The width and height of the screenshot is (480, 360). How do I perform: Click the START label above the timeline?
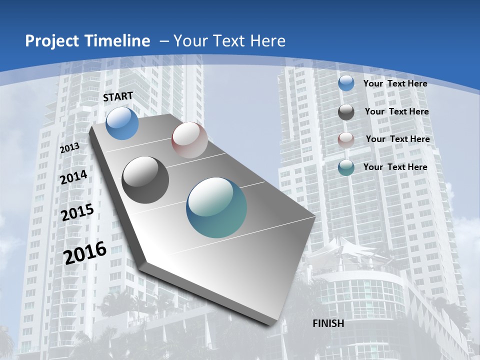point(118,96)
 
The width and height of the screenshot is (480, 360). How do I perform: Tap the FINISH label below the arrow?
point(328,323)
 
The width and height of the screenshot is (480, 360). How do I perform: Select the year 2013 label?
point(69,148)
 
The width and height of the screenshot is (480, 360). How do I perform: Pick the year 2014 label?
point(73,177)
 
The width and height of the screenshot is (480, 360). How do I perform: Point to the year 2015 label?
point(77,212)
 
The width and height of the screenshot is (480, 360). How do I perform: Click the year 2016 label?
point(85,252)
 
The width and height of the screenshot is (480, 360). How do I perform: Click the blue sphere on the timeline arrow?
point(122,123)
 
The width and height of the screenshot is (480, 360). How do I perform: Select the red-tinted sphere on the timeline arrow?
point(189,140)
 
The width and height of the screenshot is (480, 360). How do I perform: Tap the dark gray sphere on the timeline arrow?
point(145,179)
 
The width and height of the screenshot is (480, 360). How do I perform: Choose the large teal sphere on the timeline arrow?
point(216,207)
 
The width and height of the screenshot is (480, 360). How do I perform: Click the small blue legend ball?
point(346,83)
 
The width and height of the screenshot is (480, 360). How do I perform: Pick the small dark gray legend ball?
point(346,112)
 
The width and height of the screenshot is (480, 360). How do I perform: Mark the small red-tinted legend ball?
point(346,140)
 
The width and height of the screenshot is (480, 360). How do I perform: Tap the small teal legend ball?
point(346,167)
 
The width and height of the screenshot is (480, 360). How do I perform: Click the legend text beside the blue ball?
point(395,84)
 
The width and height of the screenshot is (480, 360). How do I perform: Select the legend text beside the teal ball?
point(395,167)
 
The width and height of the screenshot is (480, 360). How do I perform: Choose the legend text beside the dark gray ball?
point(396,111)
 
